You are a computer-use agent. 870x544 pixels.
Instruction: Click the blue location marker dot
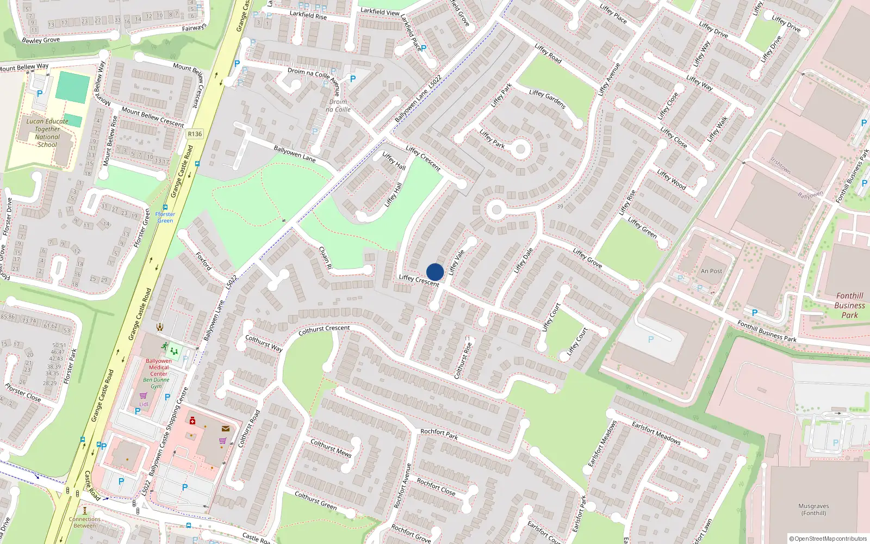[x=435, y=272]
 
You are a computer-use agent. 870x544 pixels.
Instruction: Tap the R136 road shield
[x=194, y=134]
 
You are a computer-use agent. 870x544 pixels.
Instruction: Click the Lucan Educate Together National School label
[x=48, y=133]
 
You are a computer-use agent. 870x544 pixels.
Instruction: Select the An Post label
[x=711, y=271]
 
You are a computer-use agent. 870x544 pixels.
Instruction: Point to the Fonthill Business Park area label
[x=849, y=305]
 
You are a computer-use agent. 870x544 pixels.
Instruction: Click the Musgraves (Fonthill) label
[x=813, y=509]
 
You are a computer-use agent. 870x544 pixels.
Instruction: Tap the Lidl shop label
[x=144, y=404]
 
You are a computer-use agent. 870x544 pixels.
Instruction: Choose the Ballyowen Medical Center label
[x=159, y=367]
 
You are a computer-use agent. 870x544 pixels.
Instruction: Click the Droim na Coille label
[x=338, y=106]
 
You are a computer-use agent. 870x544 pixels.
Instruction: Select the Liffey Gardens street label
[x=547, y=99]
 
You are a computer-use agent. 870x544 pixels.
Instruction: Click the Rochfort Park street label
[x=439, y=434]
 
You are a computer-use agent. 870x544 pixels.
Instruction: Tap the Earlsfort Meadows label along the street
[x=656, y=433]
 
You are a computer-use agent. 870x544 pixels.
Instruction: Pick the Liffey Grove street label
[x=587, y=258]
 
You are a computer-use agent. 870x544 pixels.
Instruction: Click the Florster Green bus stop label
[x=165, y=217]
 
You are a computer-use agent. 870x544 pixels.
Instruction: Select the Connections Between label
[x=85, y=522]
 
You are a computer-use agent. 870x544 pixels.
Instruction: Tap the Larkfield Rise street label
[x=308, y=15]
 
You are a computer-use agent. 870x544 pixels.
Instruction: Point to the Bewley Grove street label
[x=41, y=40]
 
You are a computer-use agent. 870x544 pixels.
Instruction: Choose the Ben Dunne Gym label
[x=156, y=383]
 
